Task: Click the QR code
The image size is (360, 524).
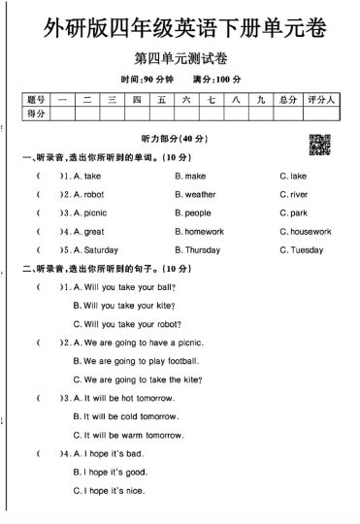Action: tap(319, 144)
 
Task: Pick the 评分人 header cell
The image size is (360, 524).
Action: tap(320, 99)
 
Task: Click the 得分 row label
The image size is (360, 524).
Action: tap(36, 114)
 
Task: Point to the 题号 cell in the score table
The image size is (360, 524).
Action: tap(36, 99)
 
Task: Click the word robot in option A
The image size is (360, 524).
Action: tap(94, 194)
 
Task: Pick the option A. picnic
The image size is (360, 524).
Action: tap(90, 213)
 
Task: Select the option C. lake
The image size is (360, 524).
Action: tap(292, 176)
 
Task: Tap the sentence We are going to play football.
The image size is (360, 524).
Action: tap(136, 361)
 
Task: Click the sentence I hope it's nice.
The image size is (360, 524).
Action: tap(115, 491)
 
